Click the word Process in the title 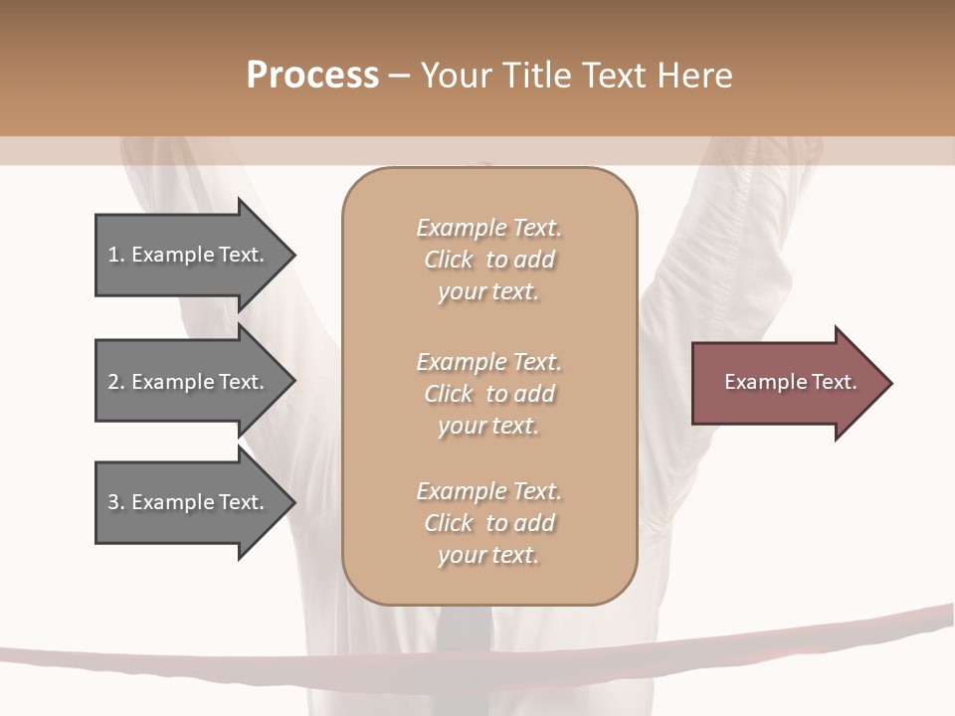click(x=312, y=76)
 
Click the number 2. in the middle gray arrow click(x=115, y=382)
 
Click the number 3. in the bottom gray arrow click(x=115, y=502)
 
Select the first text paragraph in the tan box click(x=488, y=260)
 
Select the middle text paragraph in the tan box click(x=488, y=394)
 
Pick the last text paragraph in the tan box click(x=488, y=523)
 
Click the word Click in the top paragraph click(x=449, y=261)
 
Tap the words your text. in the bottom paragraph click(x=488, y=555)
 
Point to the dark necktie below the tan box click(x=465, y=626)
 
